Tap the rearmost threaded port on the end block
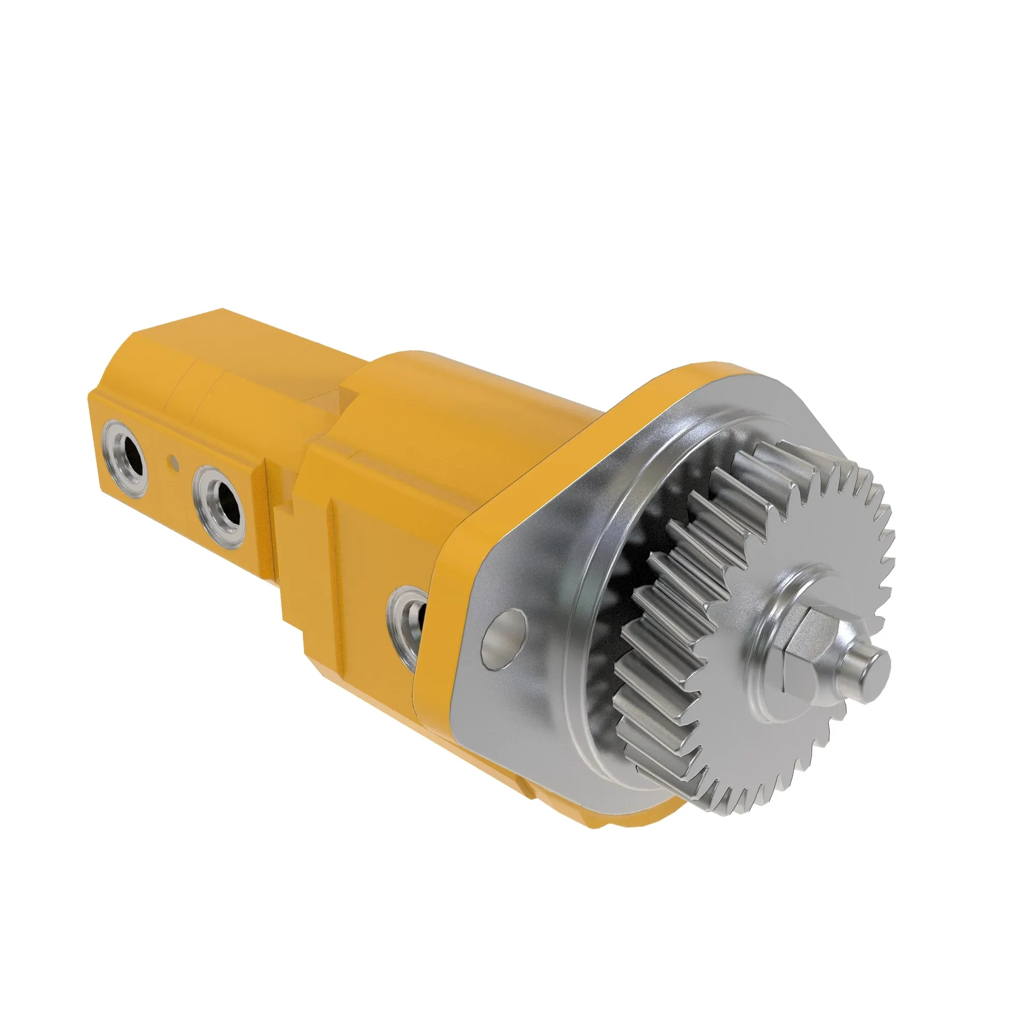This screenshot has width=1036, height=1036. click(x=124, y=450)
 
